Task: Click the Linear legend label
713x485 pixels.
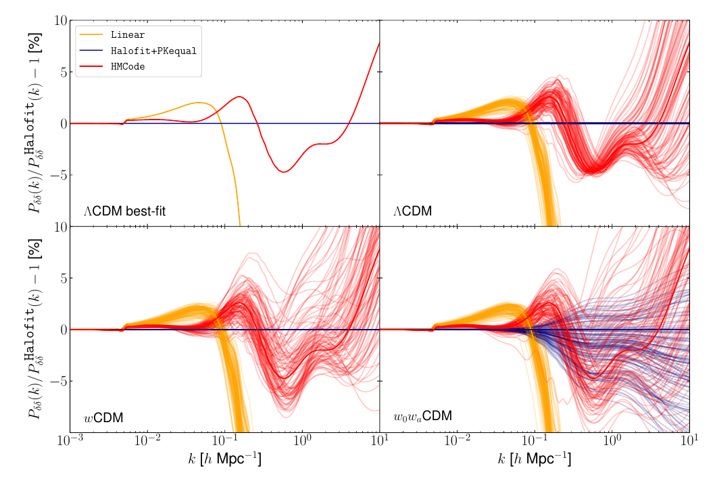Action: tap(128, 34)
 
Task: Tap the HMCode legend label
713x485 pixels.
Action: tap(128, 67)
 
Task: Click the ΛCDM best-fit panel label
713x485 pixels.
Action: tap(125, 211)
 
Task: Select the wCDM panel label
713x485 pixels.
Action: tap(103, 417)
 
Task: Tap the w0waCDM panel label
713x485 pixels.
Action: tap(422, 417)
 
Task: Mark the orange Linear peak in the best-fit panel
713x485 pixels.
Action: tap(200, 103)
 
